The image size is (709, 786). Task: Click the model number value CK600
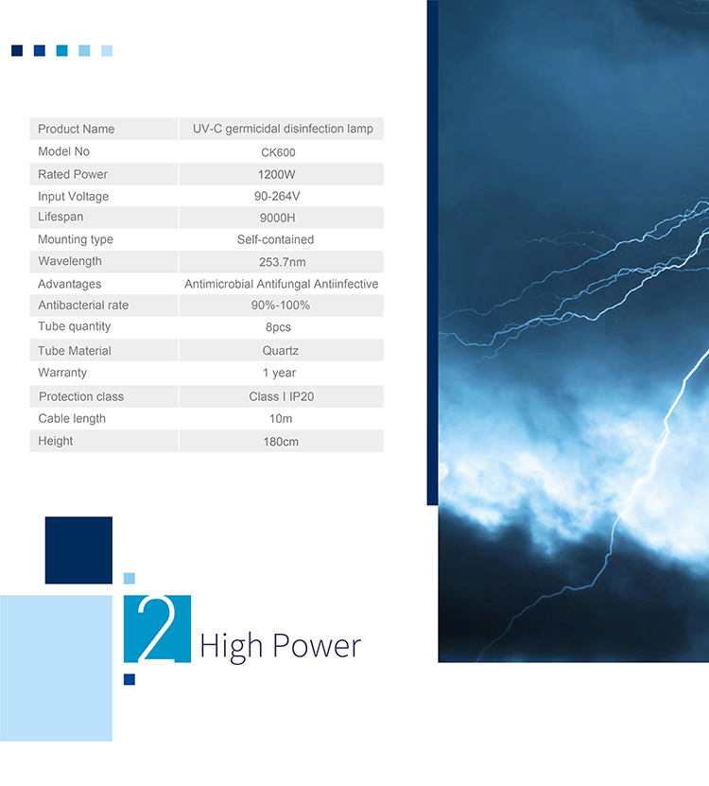click(278, 152)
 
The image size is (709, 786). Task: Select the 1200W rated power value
click(277, 174)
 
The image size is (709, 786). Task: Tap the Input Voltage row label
click(73, 197)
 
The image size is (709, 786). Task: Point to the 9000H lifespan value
click(277, 218)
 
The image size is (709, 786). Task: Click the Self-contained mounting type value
click(276, 239)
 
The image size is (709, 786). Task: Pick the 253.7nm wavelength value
click(282, 262)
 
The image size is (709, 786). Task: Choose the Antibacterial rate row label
click(83, 306)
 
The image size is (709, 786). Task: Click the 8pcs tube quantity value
click(278, 327)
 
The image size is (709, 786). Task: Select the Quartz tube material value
click(280, 350)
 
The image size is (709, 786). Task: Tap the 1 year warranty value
click(279, 373)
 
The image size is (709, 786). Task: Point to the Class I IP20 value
click(281, 396)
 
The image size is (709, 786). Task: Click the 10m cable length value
click(281, 419)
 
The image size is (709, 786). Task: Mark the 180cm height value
click(281, 442)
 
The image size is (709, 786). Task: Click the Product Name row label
click(77, 129)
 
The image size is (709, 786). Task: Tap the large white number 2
click(157, 629)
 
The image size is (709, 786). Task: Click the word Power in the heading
click(317, 645)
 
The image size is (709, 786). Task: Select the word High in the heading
click(231, 647)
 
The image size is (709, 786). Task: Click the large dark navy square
click(78, 550)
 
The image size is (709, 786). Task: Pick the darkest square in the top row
click(17, 51)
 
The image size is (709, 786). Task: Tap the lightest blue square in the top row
click(107, 51)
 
